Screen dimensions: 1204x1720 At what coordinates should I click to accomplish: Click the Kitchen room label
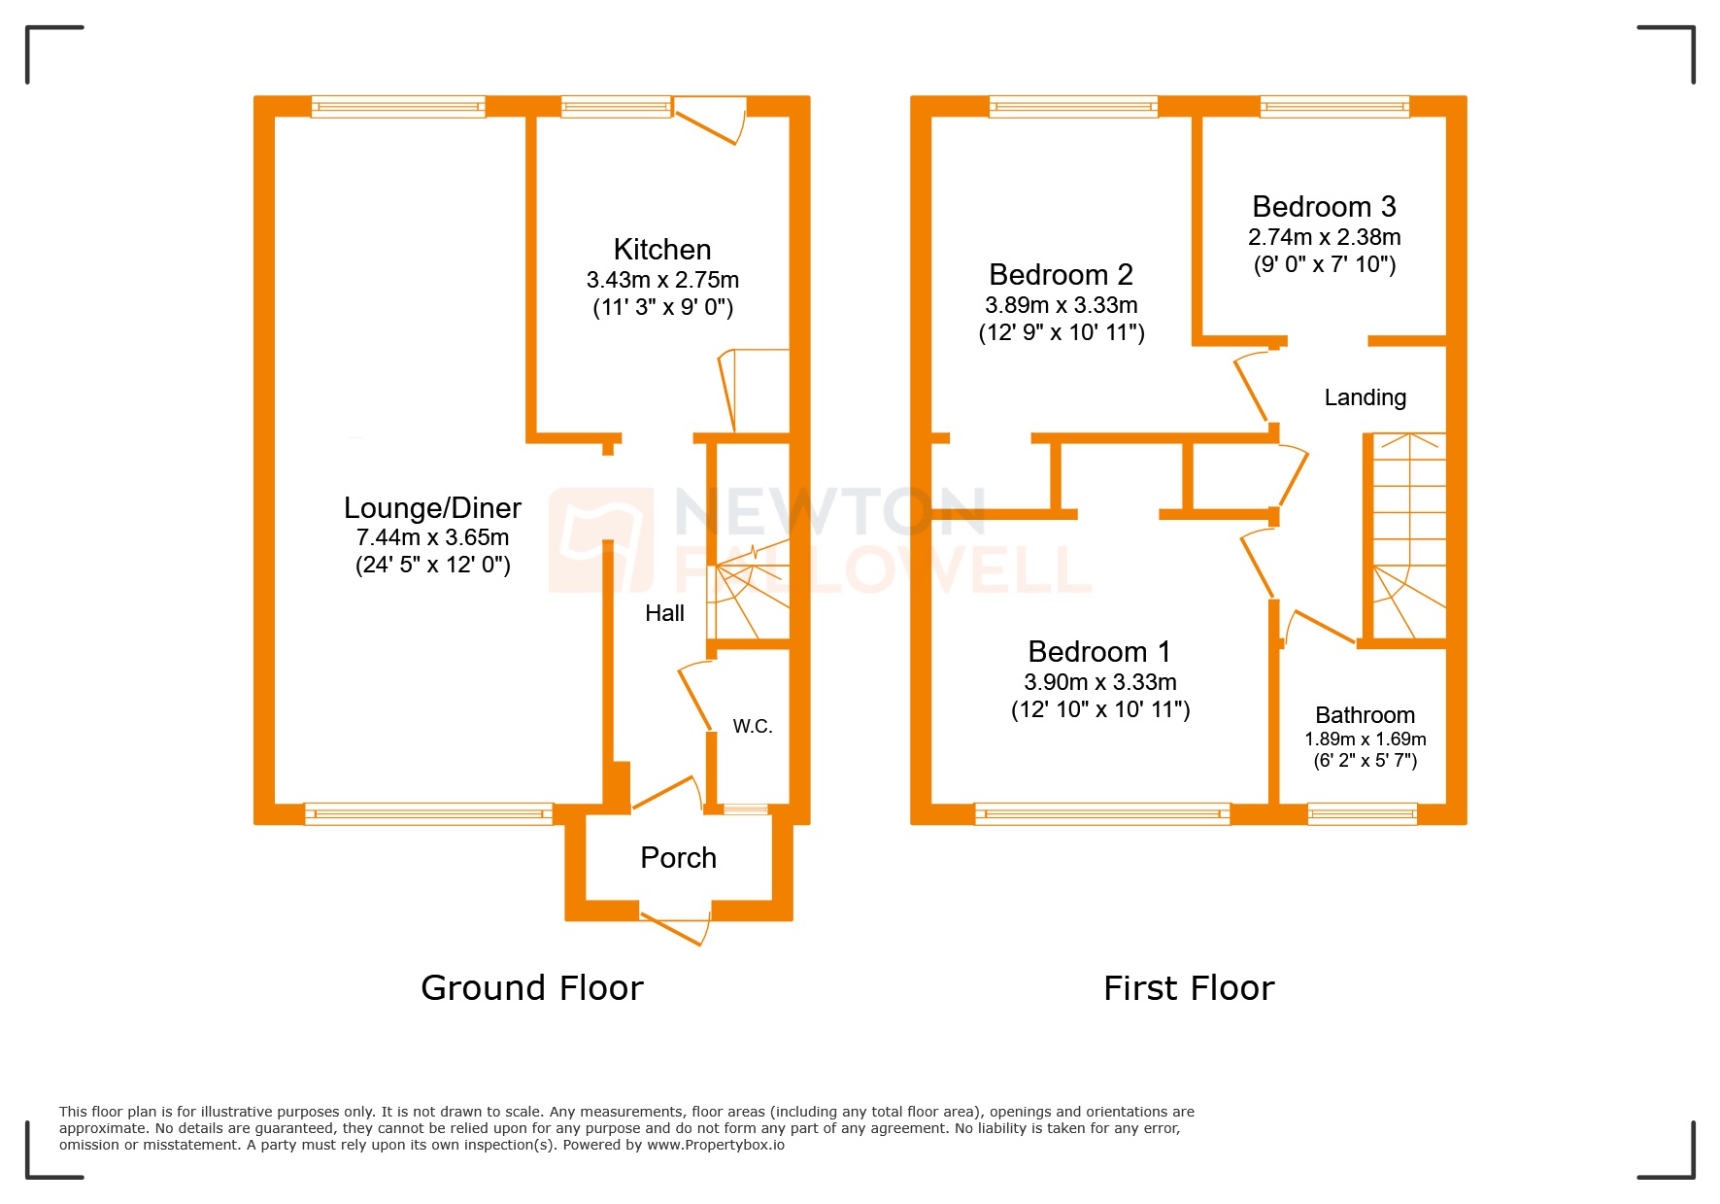point(661,250)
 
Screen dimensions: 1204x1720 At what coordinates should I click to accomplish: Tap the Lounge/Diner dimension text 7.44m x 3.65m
point(432,537)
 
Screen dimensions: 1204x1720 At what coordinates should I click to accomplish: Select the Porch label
point(678,858)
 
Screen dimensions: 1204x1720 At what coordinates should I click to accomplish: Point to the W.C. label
point(752,726)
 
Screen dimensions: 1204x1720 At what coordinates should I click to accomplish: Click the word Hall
point(664,613)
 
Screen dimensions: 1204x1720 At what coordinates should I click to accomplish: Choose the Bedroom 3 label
point(1323,207)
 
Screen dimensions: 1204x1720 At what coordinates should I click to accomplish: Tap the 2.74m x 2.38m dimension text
point(1324,237)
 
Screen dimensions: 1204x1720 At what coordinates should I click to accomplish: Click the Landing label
point(1365,397)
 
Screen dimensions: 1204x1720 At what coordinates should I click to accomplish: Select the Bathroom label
point(1365,715)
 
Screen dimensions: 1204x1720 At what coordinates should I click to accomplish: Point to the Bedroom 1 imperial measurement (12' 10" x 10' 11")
point(1099,710)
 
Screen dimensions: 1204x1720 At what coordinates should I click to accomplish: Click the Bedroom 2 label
point(1061,275)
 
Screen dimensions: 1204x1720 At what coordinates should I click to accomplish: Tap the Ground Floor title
point(531,988)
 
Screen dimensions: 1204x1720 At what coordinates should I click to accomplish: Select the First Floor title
point(1188,988)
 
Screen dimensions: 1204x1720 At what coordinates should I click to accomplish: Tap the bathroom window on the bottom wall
point(1362,814)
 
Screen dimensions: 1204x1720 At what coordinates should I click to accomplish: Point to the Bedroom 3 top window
point(1333,106)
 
